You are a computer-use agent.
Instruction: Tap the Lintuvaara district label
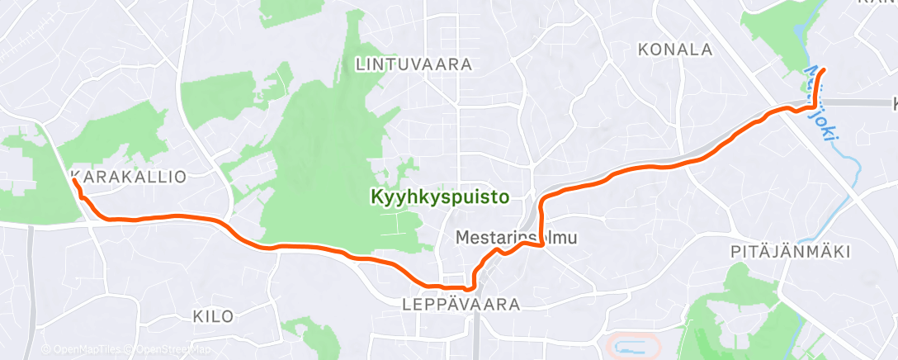coord(414,64)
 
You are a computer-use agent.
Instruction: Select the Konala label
coord(675,50)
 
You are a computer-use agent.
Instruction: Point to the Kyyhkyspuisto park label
coord(439,197)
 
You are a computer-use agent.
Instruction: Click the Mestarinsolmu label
coord(516,237)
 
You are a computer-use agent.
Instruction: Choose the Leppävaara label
coord(461,305)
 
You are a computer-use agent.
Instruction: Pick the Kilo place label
coord(213,316)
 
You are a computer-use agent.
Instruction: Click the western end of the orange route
coord(74,179)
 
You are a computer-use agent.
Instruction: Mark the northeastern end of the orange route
coord(824,69)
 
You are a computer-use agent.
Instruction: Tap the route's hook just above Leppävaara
coord(470,288)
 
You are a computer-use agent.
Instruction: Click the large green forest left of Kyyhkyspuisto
coord(322,165)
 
